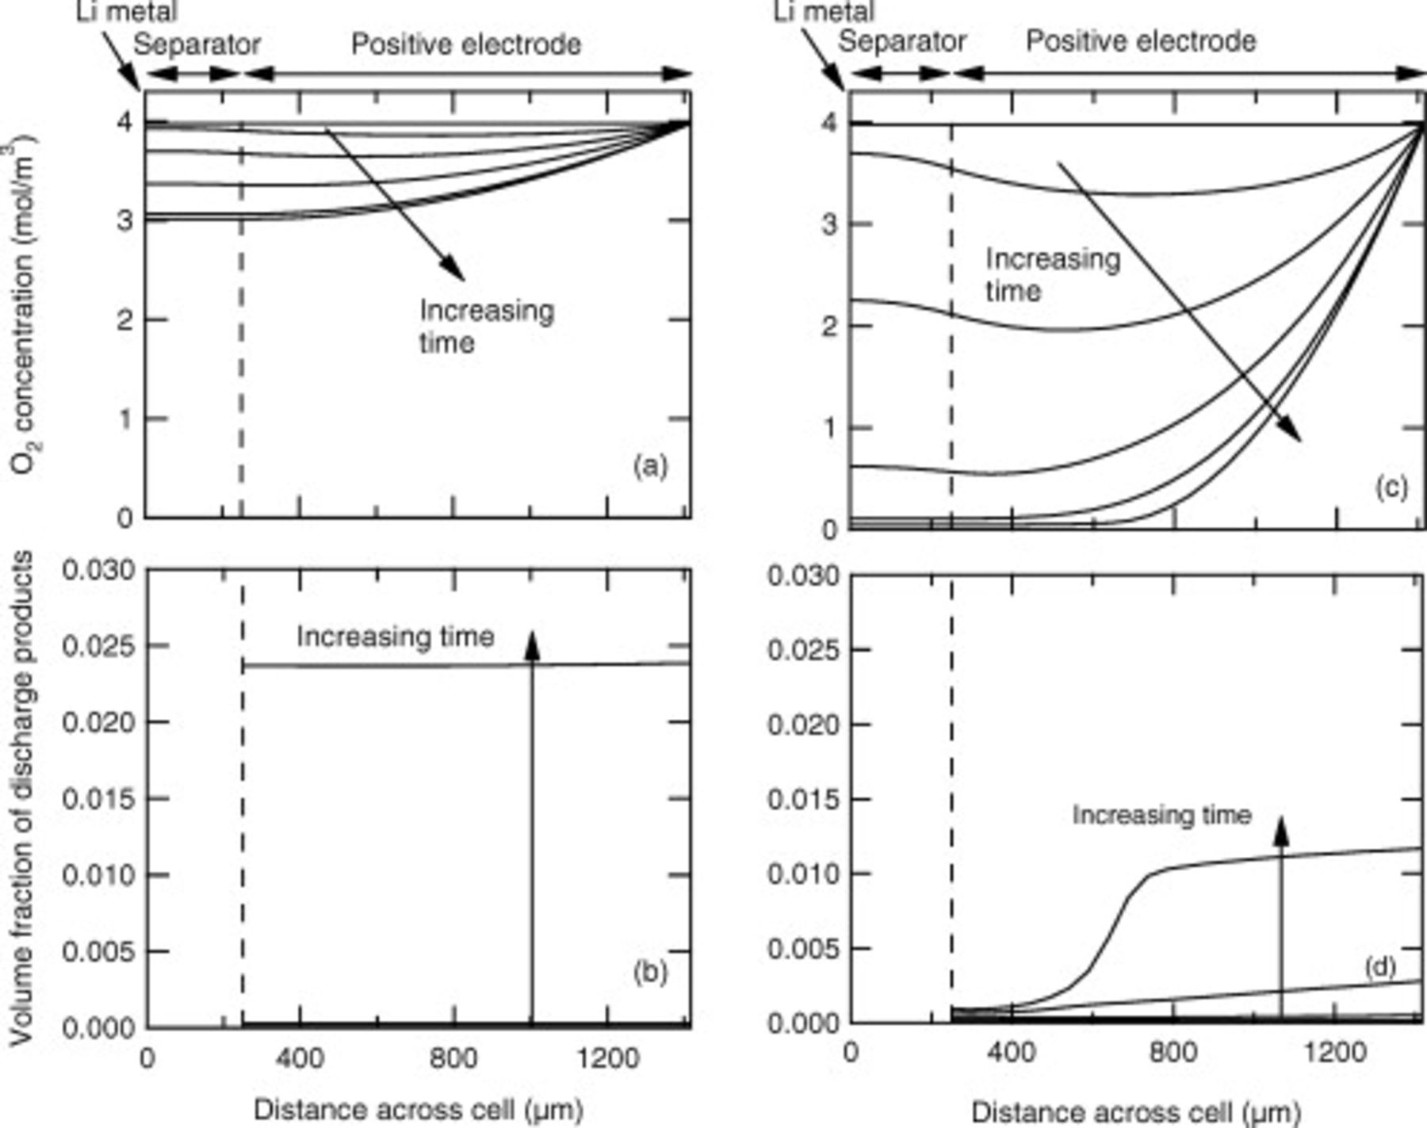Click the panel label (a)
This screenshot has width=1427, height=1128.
(x=650, y=466)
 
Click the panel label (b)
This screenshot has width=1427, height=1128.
(x=650, y=972)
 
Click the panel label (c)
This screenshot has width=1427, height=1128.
(x=1391, y=487)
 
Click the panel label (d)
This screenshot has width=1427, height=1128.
(x=1379, y=966)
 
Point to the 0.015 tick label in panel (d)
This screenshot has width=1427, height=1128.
(x=804, y=799)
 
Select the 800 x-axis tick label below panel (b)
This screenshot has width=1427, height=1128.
(x=453, y=1058)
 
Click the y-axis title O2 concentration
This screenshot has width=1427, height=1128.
(x=24, y=305)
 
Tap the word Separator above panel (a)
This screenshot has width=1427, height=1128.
(x=196, y=44)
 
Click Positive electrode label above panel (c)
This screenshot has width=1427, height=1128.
(x=1141, y=40)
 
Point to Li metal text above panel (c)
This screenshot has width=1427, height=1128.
(x=824, y=11)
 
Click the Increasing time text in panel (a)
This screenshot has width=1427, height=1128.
(x=486, y=326)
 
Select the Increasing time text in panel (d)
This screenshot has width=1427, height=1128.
(x=1161, y=815)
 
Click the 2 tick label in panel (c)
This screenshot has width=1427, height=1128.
(x=829, y=327)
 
